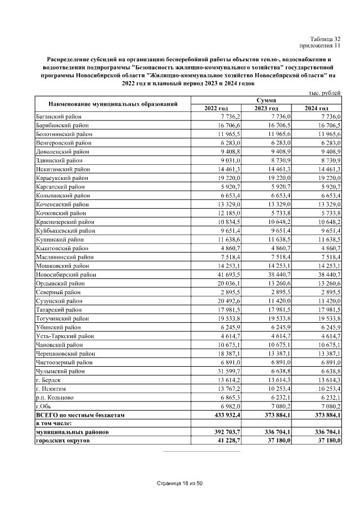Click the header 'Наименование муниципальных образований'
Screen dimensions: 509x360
click(x=113, y=104)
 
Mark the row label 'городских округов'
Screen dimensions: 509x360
click(x=62, y=441)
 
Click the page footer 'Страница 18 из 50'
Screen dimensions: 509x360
click(x=179, y=484)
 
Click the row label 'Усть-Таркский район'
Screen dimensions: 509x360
click(x=65, y=336)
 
